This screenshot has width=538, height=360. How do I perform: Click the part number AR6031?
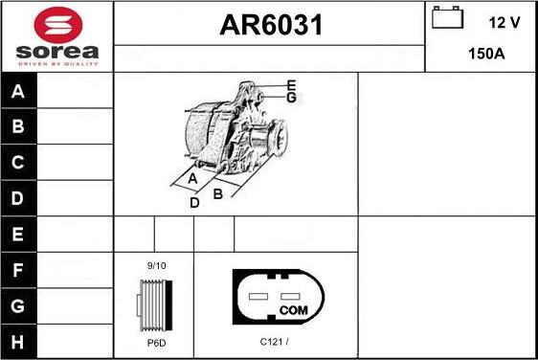pos(271,25)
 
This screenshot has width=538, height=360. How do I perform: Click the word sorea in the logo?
pos(57,52)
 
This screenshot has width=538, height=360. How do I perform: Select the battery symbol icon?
pos(447,17)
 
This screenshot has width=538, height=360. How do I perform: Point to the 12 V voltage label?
pos(504,23)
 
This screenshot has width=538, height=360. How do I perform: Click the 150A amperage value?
pos(486,54)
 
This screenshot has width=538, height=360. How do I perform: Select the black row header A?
pos(19,91)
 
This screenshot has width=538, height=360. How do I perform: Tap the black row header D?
pos(19,198)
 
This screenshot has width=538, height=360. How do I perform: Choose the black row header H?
pos(19,342)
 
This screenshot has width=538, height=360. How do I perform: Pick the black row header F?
pos(19,270)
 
